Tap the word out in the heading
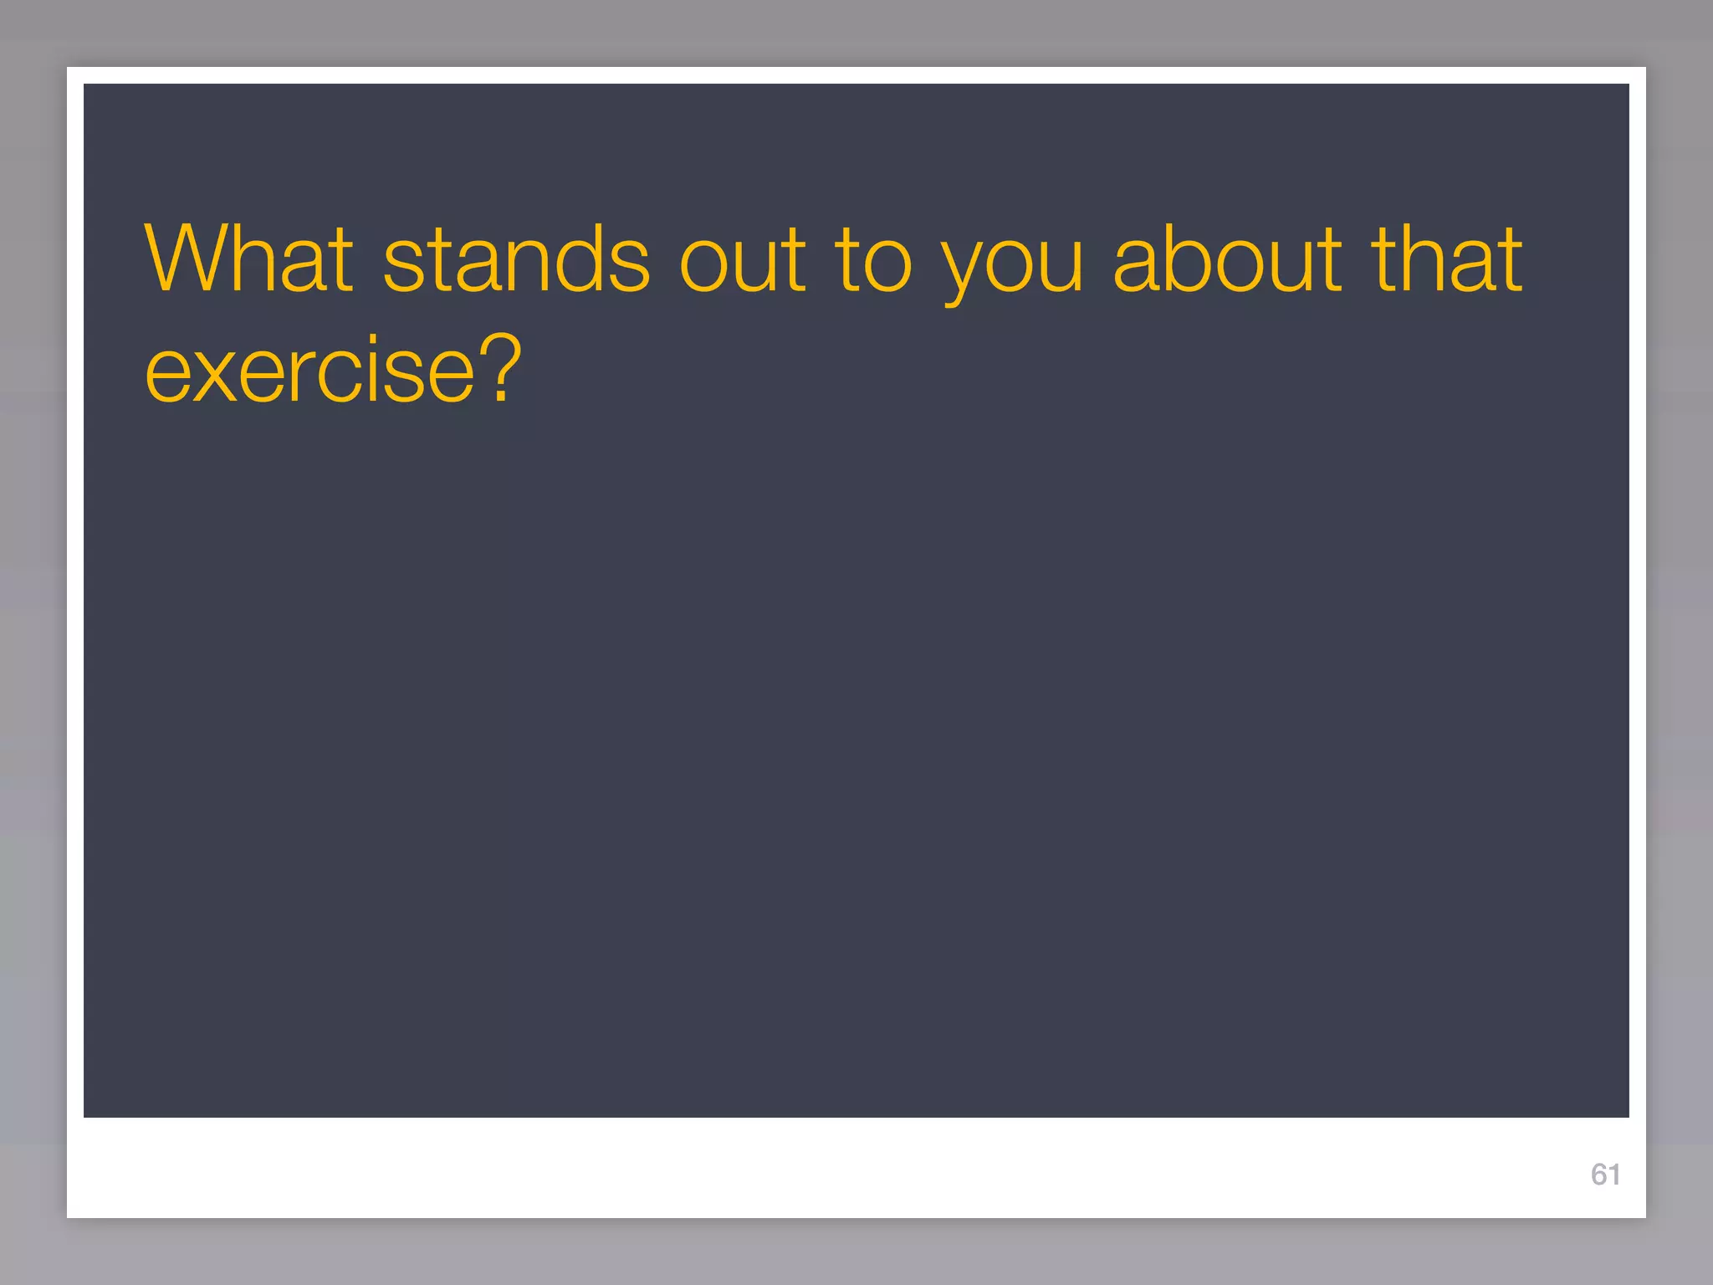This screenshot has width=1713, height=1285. coord(743,261)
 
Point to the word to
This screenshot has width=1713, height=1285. coord(872,261)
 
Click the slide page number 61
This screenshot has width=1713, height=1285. coord(1605,1175)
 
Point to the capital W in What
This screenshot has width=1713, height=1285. coord(187,259)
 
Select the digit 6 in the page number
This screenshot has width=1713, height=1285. coord(1598,1175)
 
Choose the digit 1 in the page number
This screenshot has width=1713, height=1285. coord(1614,1175)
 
